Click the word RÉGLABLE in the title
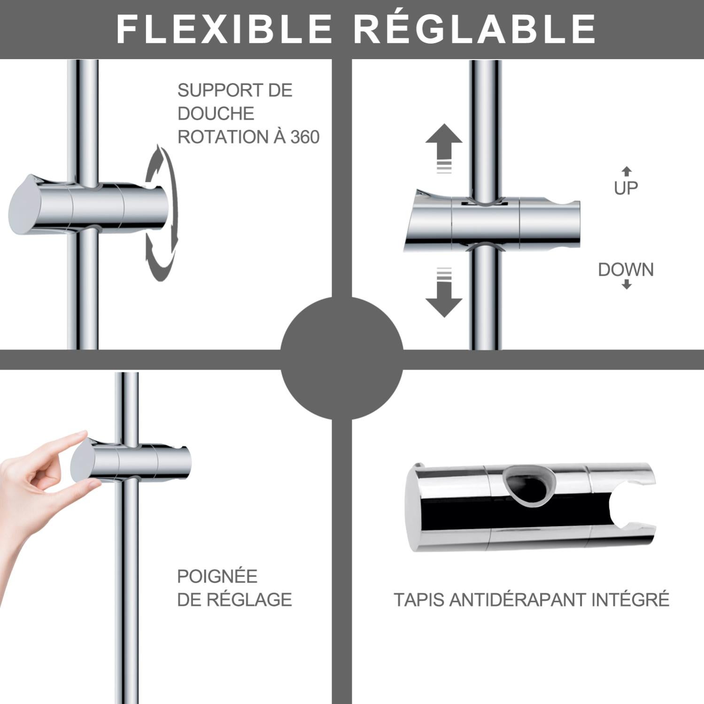pos(474,29)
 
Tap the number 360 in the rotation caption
pos(305,137)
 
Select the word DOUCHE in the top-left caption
pos(216,114)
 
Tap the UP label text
pos(626,188)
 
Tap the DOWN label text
pos(626,270)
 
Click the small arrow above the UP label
pos(627,171)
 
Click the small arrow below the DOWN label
pos(627,285)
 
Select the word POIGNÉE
pos(217,576)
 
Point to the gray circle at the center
pos(342,358)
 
